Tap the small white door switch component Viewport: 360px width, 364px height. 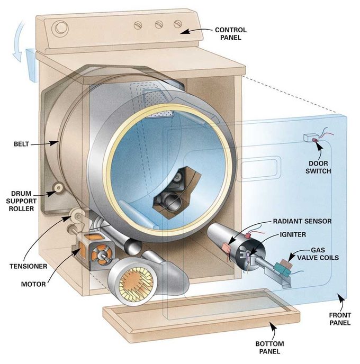[x=309, y=139]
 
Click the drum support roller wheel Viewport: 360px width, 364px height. [x=57, y=188]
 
